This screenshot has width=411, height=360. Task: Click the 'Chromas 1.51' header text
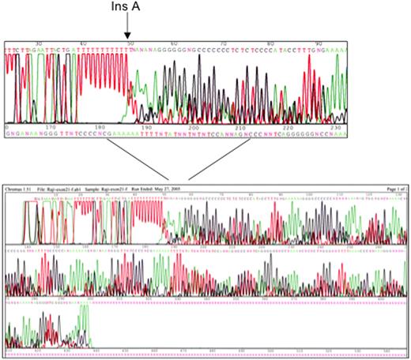pos(21,190)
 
